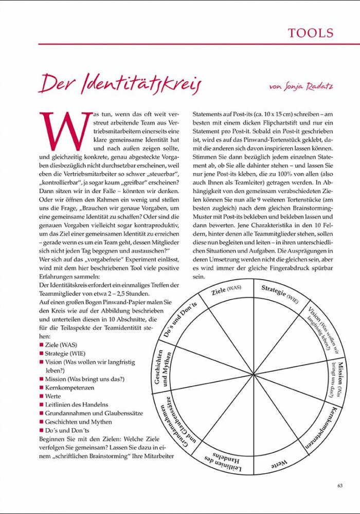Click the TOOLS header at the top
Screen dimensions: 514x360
(311, 33)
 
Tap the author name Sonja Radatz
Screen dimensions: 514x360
(300, 86)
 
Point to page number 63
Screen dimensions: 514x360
(340, 485)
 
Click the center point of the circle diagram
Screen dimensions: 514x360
(254, 374)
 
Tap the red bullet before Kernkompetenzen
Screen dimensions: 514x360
(41, 388)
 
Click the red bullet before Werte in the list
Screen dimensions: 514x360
(41, 397)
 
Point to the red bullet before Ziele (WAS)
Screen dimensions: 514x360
(41, 345)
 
